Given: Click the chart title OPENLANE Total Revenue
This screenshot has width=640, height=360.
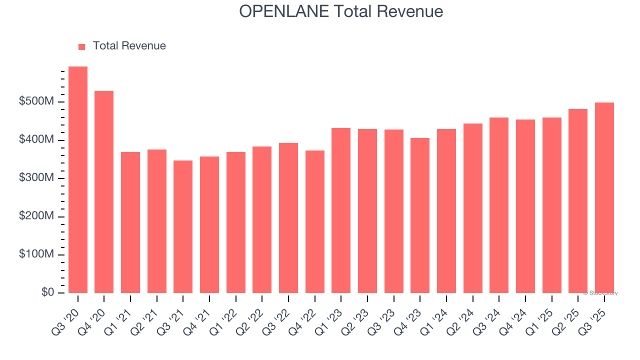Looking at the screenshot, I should pyautogui.click(x=341, y=11).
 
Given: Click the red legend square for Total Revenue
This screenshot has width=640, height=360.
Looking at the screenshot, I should pyautogui.click(x=82, y=46).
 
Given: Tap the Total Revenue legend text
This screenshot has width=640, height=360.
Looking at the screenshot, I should pyautogui.click(x=129, y=46).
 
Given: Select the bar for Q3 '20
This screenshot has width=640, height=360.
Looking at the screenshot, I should pyautogui.click(x=78, y=180).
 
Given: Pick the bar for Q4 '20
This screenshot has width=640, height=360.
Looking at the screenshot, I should pyautogui.click(x=104, y=192).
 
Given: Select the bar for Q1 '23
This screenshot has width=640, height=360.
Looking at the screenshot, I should pyautogui.click(x=341, y=210).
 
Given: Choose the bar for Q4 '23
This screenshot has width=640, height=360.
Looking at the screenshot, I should pyautogui.click(x=420, y=215).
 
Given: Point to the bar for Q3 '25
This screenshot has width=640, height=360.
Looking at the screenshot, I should pyautogui.click(x=604, y=197).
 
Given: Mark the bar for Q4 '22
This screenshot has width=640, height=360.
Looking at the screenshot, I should pyautogui.click(x=315, y=221).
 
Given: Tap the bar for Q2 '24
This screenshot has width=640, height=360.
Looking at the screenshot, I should pyautogui.click(x=473, y=208).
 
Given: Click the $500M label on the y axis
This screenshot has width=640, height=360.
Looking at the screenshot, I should pyautogui.click(x=36, y=101).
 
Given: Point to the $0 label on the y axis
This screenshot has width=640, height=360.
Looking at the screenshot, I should pyautogui.click(x=48, y=292).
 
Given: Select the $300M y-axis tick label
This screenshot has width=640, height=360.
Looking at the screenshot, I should pyautogui.click(x=36, y=178).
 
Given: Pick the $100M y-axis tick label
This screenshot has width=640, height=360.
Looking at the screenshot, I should pyautogui.click(x=36, y=254).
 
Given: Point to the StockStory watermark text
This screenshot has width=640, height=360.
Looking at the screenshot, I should pyautogui.click(x=600, y=293).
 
